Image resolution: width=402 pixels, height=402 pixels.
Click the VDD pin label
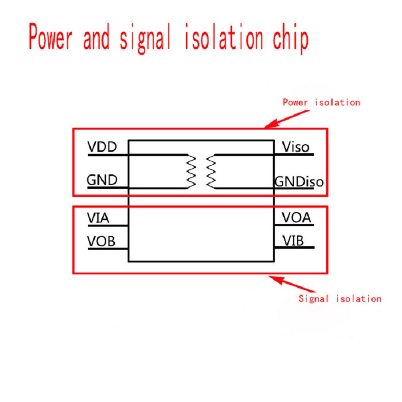(x=102, y=147)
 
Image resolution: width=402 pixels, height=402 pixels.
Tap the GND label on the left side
(x=102, y=180)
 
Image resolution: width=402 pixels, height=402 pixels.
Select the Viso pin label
(x=295, y=147)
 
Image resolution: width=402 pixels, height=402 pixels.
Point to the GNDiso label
(x=298, y=181)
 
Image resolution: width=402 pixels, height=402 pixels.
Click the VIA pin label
(x=98, y=218)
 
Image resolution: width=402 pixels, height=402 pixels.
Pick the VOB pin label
(x=101, y=241)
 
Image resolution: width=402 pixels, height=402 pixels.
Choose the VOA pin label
(x=296, y=218)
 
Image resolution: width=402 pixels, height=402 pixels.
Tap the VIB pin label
(x=292, y=241)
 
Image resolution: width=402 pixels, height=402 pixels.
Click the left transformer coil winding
(x=190, y=171)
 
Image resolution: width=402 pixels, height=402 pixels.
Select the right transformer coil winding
(x=210, y=171)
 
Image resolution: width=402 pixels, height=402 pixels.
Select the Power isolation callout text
(x=321, y=102)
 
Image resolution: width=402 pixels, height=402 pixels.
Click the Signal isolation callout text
(x=340, y=298)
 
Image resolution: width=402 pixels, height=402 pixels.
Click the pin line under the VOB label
(x=108, y=249)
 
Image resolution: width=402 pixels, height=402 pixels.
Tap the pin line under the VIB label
(x=294, y=247)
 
